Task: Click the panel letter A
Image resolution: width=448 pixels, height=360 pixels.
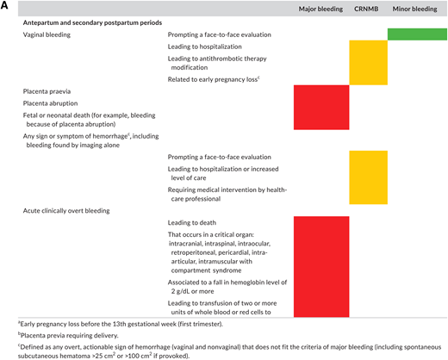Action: pyautogui.click(x=7, y=6)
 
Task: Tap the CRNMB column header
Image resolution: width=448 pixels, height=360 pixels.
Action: pyautogui.click(x=366, y=9)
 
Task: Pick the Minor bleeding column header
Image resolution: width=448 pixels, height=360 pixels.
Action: pyautogui.click(x=414, y=9)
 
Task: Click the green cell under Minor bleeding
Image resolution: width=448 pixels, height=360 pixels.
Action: pyautogui.click(x=415, y=34)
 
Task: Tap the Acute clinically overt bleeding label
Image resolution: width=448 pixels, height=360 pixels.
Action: pyautogui.click(x=65, y=209)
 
